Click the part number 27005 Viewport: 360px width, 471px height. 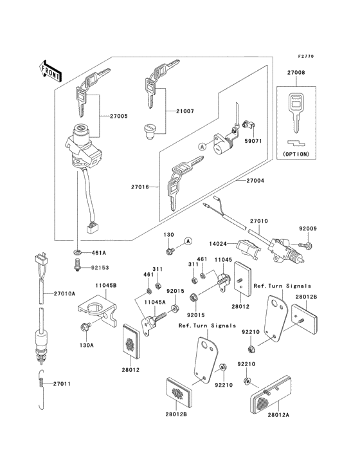(118, 116)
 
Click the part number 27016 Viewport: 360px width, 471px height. (140, 187)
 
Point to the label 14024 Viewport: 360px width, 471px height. (223, 244)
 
